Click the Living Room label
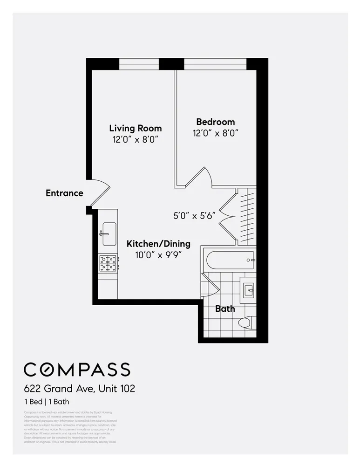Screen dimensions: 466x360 click(x=135, y=128)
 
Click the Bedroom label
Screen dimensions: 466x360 click(x=215, y=122)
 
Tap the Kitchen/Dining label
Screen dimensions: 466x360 click(x=158, y=244)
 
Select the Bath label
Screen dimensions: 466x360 click(x=225, y=308)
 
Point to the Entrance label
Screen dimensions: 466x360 click(x=64, y=193)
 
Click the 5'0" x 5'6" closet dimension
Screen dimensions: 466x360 click(x=194, y=216)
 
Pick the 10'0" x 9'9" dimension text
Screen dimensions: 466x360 click(x=158, y=255)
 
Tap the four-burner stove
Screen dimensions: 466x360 click(x=108, y=264)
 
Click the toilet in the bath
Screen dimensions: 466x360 click(x=246, y=322)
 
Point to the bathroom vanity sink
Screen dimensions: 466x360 click(x=248, y=289)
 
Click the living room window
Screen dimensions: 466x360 click(x=139, y=64)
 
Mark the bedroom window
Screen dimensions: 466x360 click(x=215, y=64)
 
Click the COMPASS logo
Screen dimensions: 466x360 click(x=77, y=370)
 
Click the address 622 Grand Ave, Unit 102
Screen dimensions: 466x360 click(x=80, y=388)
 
